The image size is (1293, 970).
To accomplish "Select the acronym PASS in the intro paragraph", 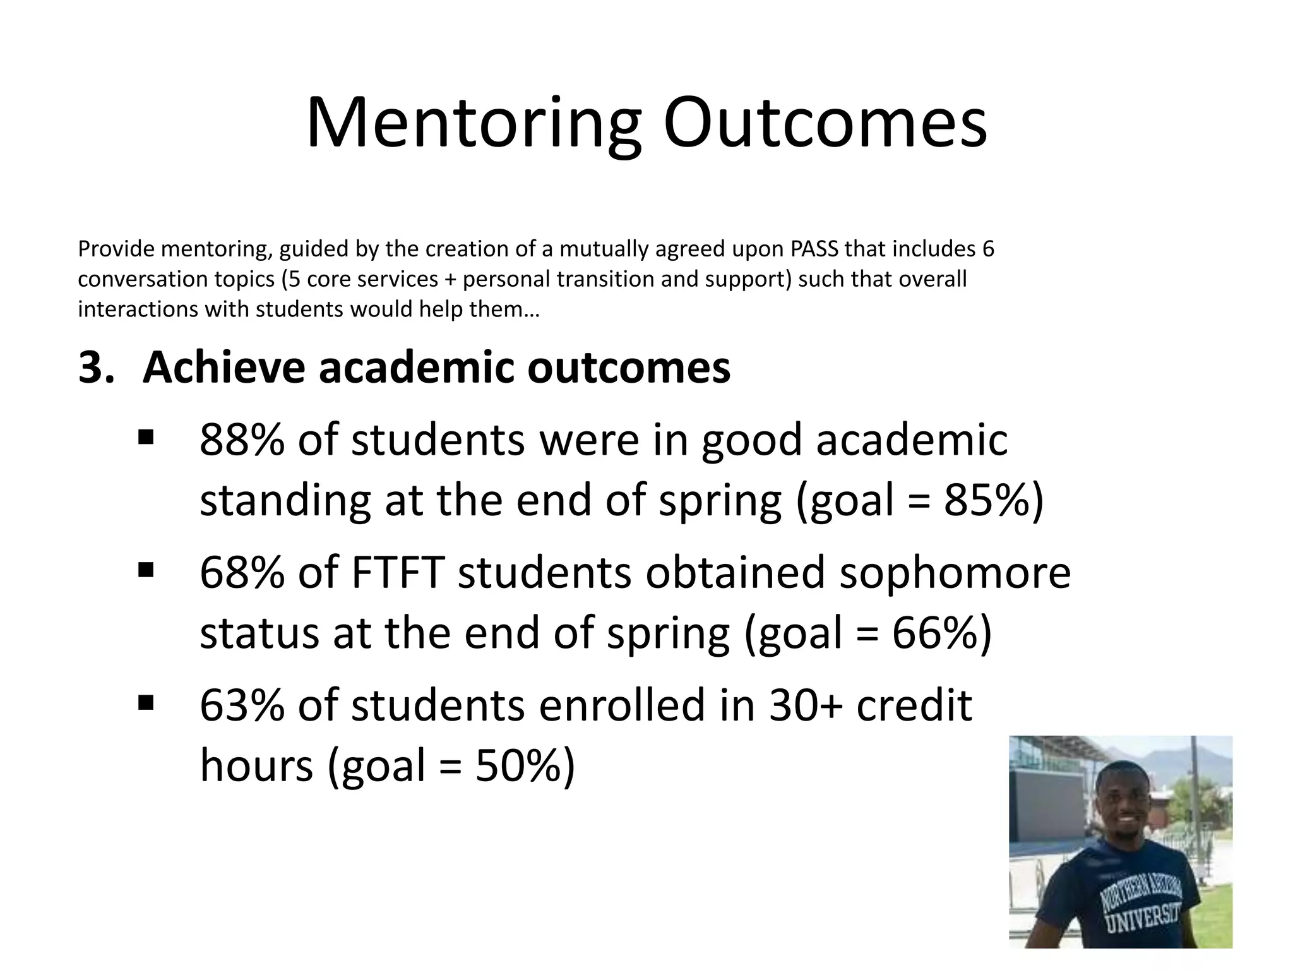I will point(814,249).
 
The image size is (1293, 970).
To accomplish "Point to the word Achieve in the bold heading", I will point(224,368).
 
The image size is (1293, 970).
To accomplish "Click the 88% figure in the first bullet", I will point(241,440).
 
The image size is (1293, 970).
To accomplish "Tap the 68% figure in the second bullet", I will point(241,573).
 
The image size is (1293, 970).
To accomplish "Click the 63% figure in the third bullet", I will point(241,705).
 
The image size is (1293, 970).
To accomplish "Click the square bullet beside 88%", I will point(145,437).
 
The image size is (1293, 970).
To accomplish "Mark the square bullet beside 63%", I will point(145,702).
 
